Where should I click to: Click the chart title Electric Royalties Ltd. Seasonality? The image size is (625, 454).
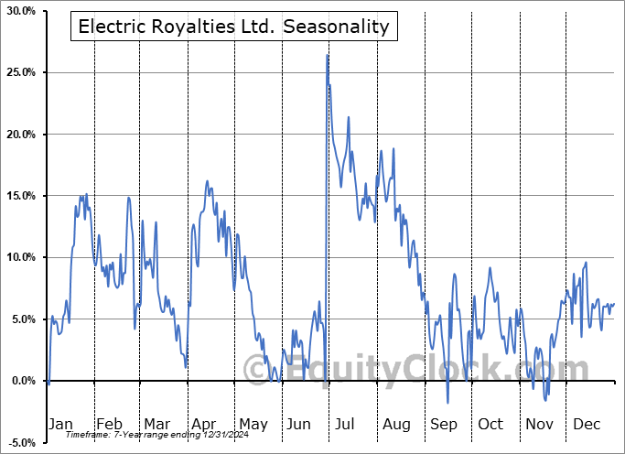coord(234,27)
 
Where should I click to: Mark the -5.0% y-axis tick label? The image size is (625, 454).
coord(19,442)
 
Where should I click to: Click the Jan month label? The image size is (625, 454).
coord(60,424)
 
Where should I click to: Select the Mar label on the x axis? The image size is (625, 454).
coord(156,424)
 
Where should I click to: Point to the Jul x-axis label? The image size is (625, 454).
coord(346,424)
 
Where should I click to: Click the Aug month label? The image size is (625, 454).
coord(395,424)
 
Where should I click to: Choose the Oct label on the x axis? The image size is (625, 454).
coord(490,424)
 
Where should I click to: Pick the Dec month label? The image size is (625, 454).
coord(586,424)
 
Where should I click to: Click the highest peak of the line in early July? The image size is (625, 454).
coord(327,56)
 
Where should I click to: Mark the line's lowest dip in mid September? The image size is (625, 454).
coord(447,402)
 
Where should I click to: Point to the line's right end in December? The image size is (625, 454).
coord(614,304)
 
